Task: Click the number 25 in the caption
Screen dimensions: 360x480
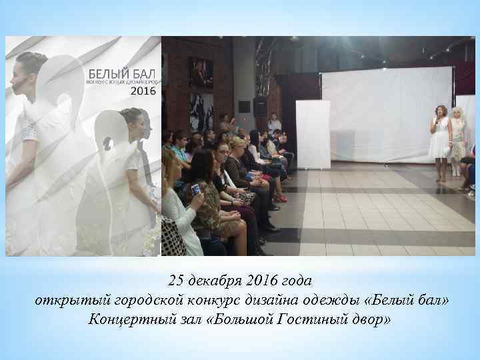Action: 177,277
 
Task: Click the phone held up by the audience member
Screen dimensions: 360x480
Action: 196,189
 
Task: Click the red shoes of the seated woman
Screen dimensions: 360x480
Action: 281,199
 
